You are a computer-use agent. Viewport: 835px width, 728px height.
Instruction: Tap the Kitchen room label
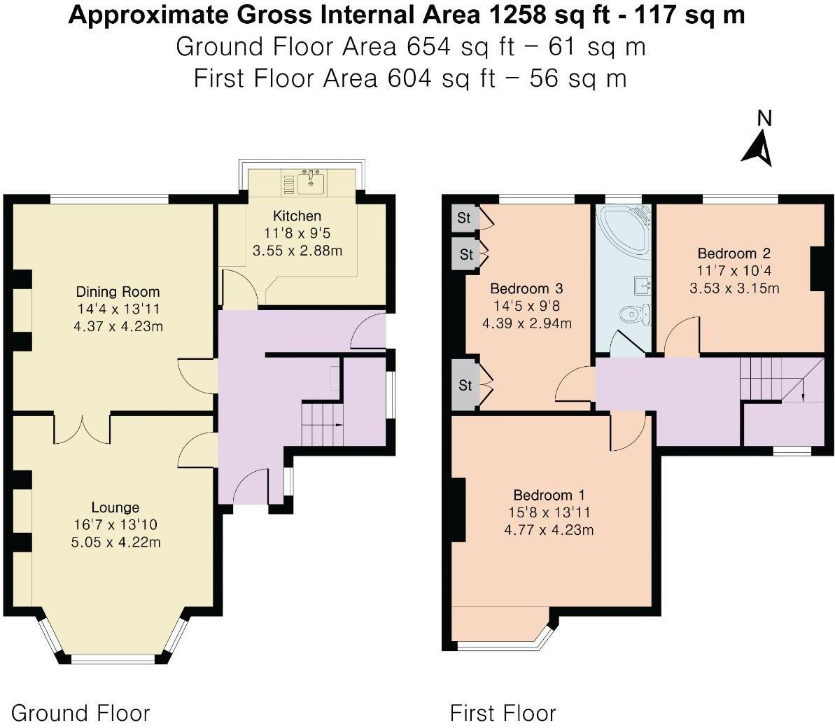tap(297, 216)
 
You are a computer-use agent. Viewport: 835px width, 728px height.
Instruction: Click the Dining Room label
tap(118, 292)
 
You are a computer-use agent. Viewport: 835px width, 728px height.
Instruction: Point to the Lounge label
tap(115, 507)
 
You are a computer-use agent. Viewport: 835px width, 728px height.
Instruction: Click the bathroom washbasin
tap(643, 285)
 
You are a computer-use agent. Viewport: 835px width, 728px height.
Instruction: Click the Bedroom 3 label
tap(526, 288)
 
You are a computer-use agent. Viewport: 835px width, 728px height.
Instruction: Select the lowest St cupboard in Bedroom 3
tap(465, 385)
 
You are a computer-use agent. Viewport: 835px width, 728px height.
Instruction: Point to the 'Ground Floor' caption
tap(80, 713)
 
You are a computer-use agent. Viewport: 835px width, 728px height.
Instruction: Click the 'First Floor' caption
tap(503, 713)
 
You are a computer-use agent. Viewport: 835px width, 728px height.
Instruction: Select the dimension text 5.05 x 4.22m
tap(115, 542)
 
